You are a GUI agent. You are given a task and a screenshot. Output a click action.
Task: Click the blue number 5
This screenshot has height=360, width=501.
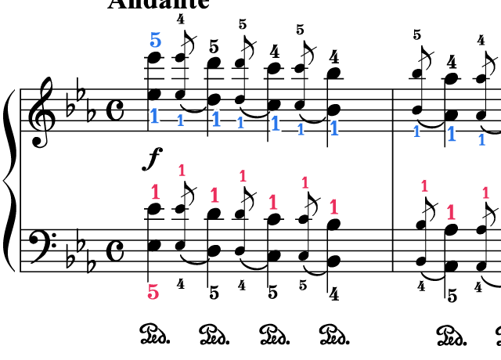click(x=155, y=40)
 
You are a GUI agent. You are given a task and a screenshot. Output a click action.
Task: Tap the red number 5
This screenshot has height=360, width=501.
click(x=153, y=292)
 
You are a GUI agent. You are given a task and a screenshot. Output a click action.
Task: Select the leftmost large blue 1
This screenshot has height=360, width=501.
click(x=154, y=116)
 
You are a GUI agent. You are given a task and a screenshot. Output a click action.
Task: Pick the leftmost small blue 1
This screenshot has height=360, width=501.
click(x=180, y=120)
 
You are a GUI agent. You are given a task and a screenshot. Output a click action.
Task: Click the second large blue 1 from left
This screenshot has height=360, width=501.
click(x=216, y=119)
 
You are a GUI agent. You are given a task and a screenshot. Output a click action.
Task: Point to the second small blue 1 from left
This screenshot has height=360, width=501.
click(x=240, y=122)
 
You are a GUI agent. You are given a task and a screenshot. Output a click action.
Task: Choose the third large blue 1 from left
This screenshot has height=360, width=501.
click(x=275, y=123)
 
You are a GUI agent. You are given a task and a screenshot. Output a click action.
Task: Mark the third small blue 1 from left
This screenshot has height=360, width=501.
click(x=301, y=129)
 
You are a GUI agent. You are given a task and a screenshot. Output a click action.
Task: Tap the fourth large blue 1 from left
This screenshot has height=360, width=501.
click(x=334, y=128)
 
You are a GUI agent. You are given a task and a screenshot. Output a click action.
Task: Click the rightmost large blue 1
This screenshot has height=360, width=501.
click(x=451, y=133)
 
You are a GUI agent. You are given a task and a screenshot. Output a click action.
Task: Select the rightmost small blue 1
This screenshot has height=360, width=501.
click(x=481, y=139)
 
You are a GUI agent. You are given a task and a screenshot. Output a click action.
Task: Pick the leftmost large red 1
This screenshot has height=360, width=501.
click(x=155, y=191)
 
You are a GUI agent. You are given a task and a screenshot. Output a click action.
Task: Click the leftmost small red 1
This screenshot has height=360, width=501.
click(x=182, y=170)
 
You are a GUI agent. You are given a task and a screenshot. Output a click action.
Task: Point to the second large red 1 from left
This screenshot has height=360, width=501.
click(x=214, y=195)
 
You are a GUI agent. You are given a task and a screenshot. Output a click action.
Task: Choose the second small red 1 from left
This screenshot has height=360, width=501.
click(x=243, y=176)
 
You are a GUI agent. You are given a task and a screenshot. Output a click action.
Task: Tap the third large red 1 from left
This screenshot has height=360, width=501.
click(x=272, y=202)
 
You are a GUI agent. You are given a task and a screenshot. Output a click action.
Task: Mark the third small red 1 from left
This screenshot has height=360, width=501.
click(x=305, y=182)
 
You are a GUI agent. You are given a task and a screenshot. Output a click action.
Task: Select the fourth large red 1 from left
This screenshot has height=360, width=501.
click(x=333, y=207)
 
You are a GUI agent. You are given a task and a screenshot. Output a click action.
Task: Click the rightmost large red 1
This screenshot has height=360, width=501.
click(x=451, y=211)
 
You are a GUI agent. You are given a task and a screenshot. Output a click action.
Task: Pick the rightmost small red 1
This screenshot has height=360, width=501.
click(x=485, y=192)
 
